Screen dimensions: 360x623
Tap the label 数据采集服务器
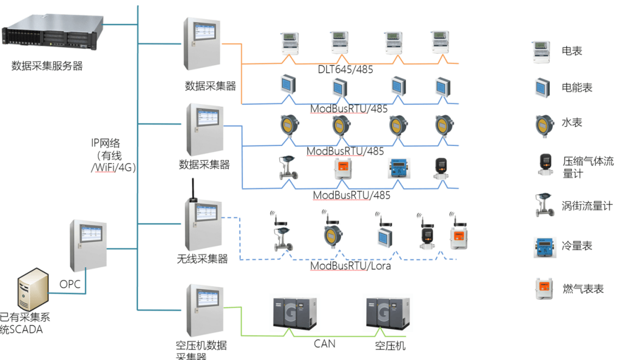[x=47, y=66]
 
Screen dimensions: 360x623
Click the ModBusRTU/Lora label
[x=350, y=266]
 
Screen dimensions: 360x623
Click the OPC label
[x=70, y=284]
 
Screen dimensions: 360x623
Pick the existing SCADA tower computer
[x=32, y=290]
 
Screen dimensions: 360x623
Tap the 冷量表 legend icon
[x=544, y=246]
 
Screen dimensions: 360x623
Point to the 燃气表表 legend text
[x=583, y=289]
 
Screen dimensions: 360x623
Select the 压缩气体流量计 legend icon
[x=544, y=165]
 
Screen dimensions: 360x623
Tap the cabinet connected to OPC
[x=88, y=246]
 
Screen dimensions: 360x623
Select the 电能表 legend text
[x=577, y=88]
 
